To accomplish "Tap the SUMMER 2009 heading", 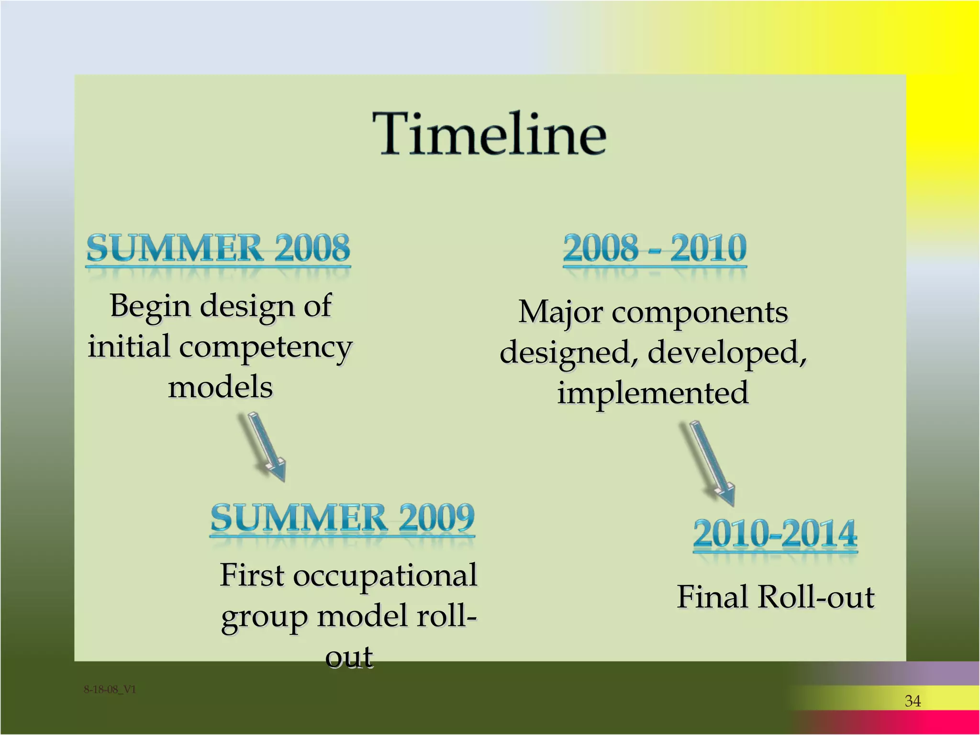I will coord(343,518).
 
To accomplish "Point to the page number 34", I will coord(913,701).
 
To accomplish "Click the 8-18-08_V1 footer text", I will coord(110,690).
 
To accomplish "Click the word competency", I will coord(266,348).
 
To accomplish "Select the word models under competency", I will coord(220,387).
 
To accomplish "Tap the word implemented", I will coord(653,393).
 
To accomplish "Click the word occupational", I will coord(385,575).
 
